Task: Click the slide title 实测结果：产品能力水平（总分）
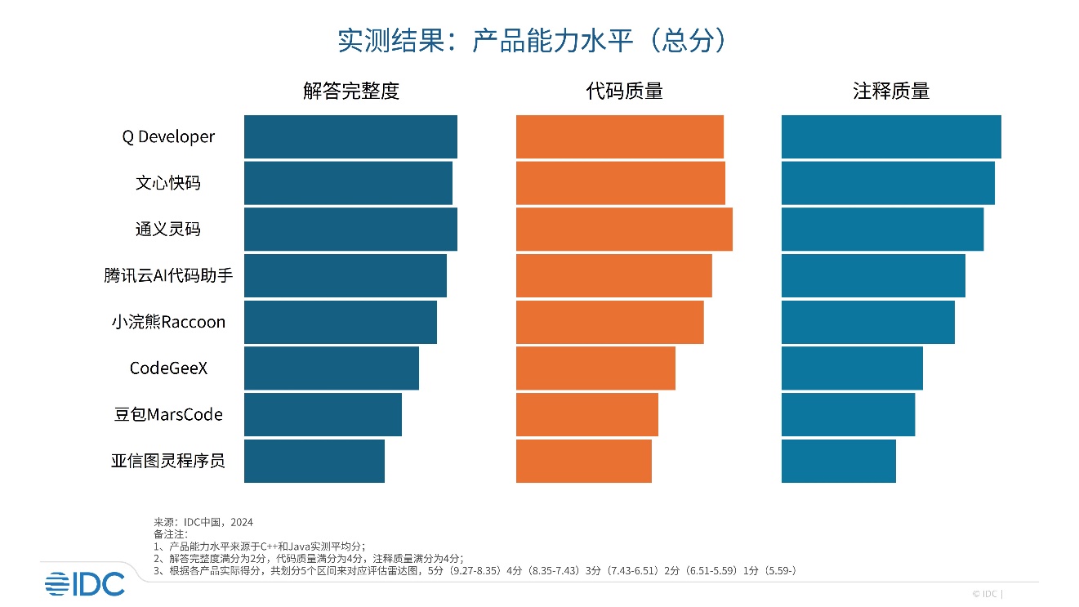(532, 42)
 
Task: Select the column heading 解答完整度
(351, 91)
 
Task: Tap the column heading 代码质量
(625, 91)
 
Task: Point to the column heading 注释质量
(891, 91)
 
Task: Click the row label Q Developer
(168, 137)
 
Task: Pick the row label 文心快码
(168, 183)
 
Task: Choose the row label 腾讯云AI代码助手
(168, 276)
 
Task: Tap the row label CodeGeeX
(168, 368)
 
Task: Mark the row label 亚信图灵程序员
(168, 461)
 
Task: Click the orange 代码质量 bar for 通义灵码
(624, 230)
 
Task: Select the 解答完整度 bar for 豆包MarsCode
(323, 415)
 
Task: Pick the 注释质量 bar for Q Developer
(891, 137)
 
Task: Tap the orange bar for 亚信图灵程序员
(584, 461)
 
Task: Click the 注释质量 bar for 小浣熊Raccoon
(868, 322)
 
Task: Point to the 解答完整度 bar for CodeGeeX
(332, 368)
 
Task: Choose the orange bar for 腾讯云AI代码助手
(614, 276)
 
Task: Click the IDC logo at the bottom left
(85, 583)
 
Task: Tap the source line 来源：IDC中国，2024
(203, 522)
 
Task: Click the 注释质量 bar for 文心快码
(888, 183)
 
